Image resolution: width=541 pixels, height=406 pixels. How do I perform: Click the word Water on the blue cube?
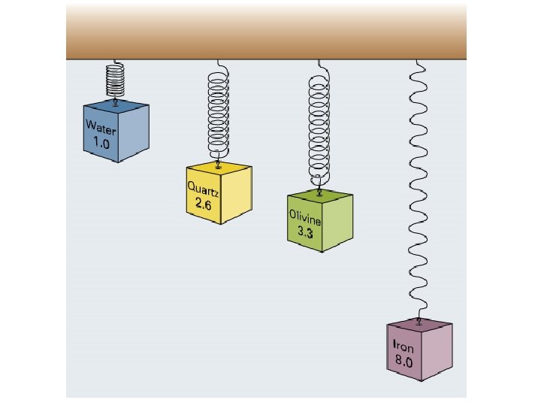[100, 127]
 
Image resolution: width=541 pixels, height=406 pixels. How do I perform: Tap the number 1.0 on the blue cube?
[101, 141]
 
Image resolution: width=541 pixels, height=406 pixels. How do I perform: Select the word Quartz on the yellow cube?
[203, 189]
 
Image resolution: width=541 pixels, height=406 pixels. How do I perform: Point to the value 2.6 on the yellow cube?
[204, 204]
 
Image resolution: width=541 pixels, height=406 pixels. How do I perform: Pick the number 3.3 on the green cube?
[306, 233]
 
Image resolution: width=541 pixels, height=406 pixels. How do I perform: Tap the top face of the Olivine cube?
[321, 195]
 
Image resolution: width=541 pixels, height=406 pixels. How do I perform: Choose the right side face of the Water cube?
[136, 129]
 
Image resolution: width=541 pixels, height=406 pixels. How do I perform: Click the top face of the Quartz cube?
[219, 168]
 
